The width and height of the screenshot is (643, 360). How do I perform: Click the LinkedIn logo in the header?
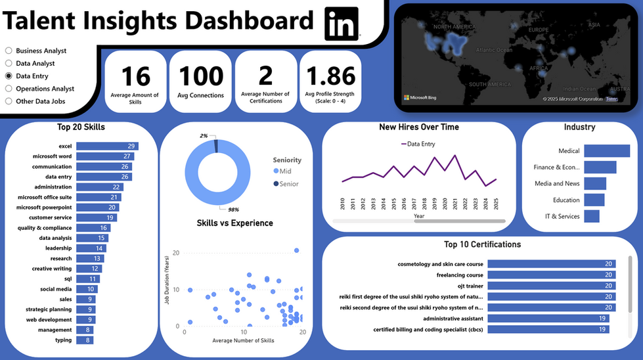pos(342,24)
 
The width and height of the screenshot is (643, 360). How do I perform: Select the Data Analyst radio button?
pos(9,64)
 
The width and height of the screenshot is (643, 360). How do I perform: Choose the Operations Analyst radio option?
pos(9,89)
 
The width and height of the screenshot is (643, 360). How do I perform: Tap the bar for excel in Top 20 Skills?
pos(107,146)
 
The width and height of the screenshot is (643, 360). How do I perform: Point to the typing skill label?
pos(64,340)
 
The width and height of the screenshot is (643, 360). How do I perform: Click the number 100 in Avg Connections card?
pos(201,77)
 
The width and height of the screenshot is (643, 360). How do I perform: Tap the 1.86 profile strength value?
pos(331,77)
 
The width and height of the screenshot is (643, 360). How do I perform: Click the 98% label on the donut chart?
pos(233,210)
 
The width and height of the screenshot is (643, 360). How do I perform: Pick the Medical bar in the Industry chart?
pos(606,151)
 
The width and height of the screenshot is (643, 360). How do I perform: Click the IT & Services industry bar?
pos(591,216)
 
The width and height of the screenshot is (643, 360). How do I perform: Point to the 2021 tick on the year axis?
pos(455,204)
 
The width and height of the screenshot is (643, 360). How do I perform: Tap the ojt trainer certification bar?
pos(551,286)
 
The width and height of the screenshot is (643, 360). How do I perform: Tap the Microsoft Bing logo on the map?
pos(420,98)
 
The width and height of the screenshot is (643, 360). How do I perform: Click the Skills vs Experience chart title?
pos(234,223)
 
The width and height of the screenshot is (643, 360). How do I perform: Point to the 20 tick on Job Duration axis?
pos(175,252)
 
